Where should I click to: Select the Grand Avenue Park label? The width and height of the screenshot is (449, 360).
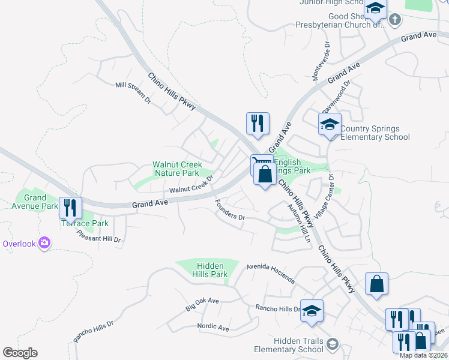35,202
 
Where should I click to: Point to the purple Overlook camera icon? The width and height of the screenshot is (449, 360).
43,243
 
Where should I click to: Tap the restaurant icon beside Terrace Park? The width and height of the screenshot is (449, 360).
70,208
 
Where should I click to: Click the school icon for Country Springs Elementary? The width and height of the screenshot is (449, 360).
329,124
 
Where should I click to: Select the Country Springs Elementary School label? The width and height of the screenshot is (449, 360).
375,133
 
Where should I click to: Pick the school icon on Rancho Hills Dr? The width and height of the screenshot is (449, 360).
312,311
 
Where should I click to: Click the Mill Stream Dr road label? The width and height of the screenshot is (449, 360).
133,94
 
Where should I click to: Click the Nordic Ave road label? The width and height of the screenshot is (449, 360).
213,328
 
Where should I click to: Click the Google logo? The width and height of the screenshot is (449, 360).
20,353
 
